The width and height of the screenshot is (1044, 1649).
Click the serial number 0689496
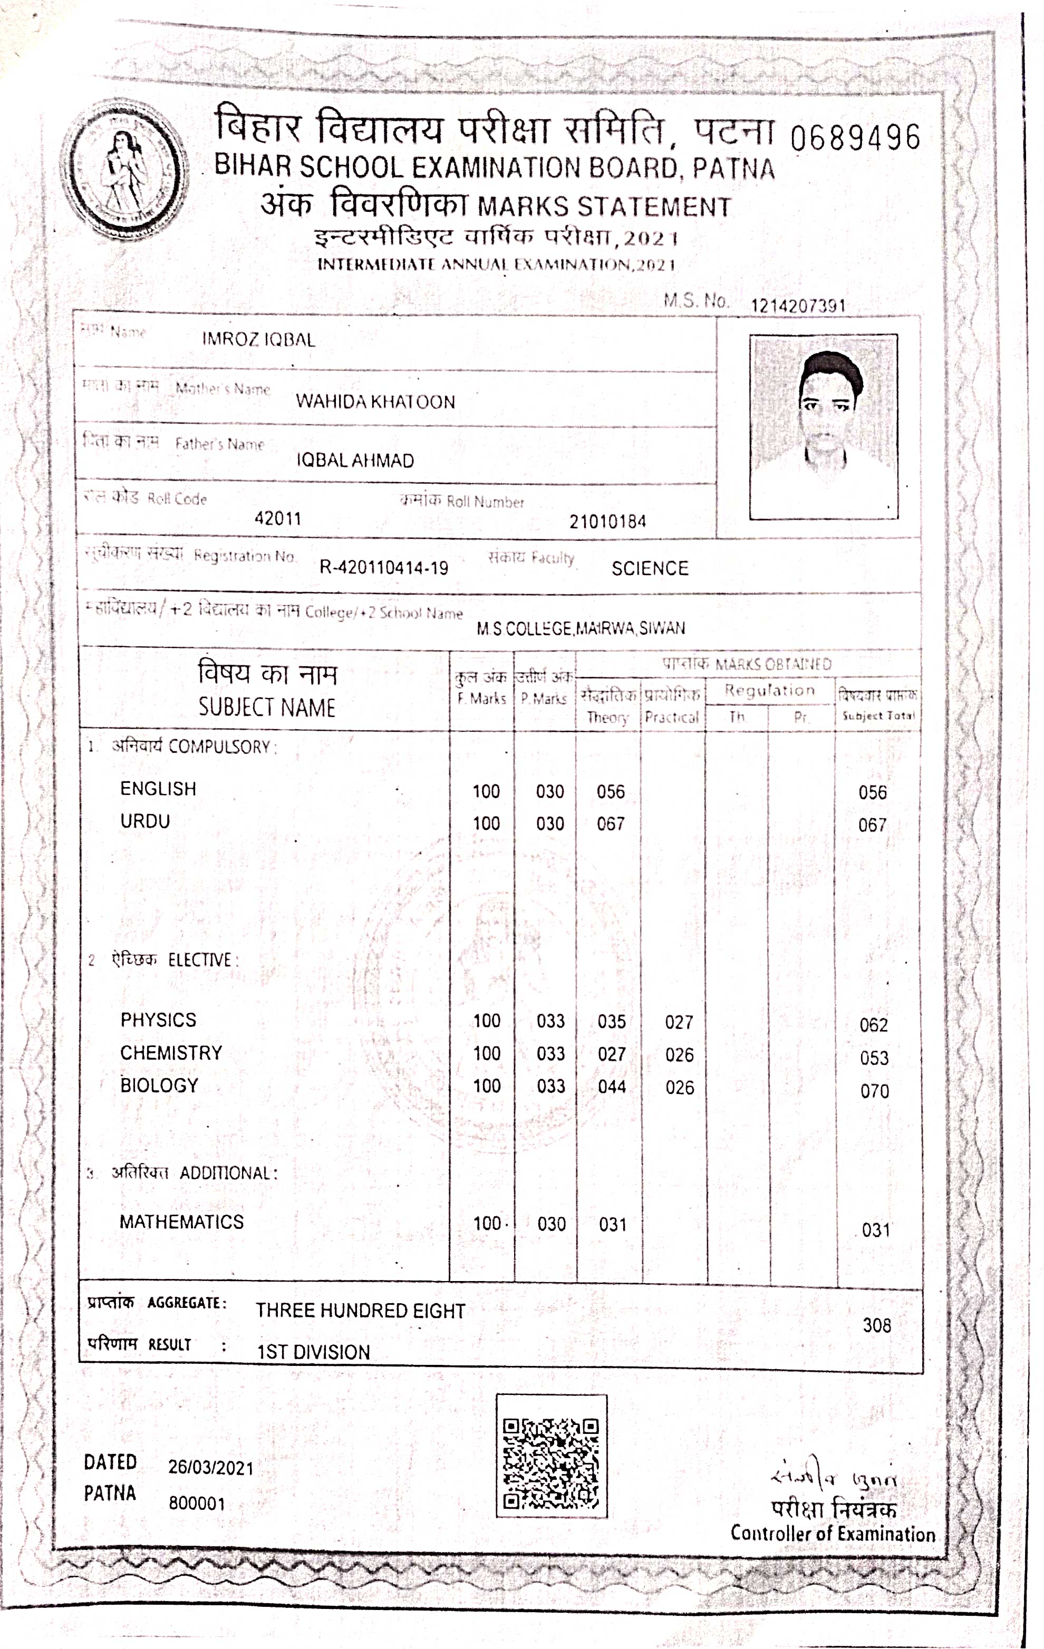coord(854,138)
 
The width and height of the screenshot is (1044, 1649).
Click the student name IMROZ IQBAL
coord(258,339)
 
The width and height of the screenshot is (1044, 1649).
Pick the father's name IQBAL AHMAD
coord(355,460)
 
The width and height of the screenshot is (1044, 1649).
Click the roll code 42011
coord(278,518)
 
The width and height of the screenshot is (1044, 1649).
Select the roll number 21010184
coord(607,522)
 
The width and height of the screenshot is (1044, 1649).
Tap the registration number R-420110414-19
coord(384,568)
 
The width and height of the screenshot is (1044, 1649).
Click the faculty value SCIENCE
coord(650,568)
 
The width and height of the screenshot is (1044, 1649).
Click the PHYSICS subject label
coord(158,1020)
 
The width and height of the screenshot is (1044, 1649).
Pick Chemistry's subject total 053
coord(874,1058)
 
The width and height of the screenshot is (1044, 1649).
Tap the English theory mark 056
coord(611,792)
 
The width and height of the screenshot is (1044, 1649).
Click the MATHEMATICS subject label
coord(181,1221)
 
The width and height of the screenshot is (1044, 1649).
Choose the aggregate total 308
coord(877,1325)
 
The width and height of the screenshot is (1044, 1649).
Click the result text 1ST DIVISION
coord(313,1352)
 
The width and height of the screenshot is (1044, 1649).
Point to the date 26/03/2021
coord(211,1468)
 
